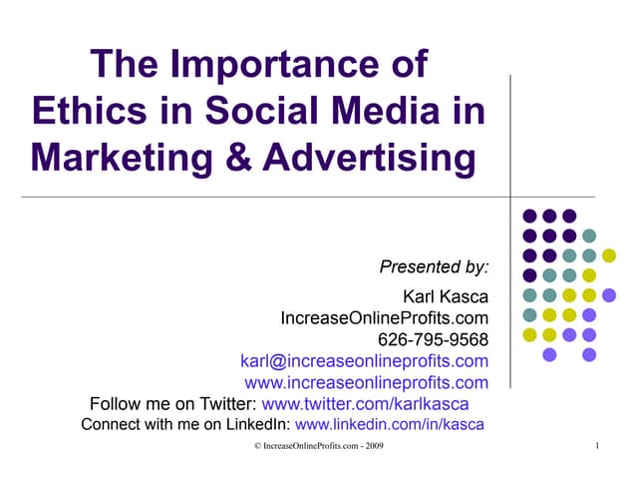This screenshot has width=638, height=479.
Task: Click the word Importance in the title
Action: pyautogui.click(x=282, y=67)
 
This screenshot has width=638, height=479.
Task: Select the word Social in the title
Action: pyautogui.click(x=249, y=111)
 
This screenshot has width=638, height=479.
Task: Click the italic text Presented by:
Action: pyautogui.click(x=435, y=266)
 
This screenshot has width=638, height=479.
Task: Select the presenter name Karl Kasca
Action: pyautogui.click(x=445, y=296)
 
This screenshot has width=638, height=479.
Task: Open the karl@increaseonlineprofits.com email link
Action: pyautogui.click(x=365, y=361)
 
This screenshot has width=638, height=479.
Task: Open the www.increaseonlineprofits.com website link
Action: pyautogui.click(x=367, y=382)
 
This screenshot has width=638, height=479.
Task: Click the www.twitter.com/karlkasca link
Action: pyautogui.click(x=364, y=404)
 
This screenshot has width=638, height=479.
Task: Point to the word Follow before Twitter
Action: pyautogui.click(x=115, y=404)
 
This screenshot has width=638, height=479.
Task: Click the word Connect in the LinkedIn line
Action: pyautogui.click(x=108, y=425)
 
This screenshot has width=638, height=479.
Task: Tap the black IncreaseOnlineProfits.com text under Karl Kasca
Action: pyautogui.click(x=385, y=318)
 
